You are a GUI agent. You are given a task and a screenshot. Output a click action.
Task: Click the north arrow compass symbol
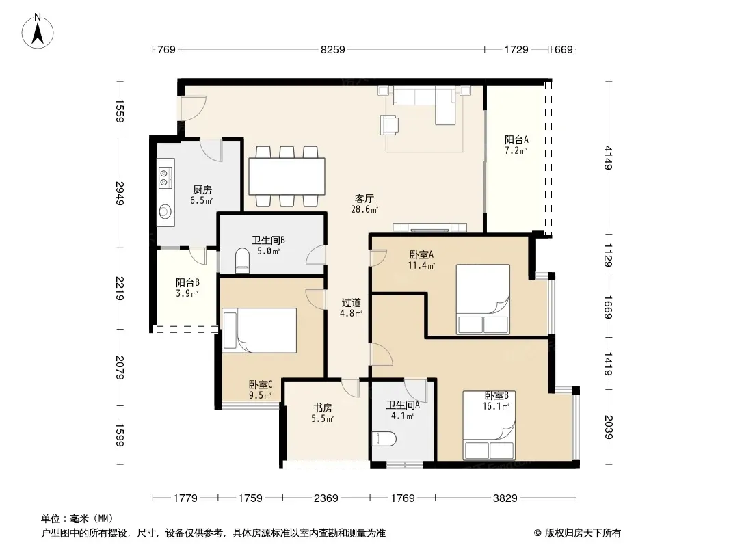click(x=38, y=31)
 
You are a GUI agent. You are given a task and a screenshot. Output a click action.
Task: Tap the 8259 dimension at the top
click(x=333, y=49)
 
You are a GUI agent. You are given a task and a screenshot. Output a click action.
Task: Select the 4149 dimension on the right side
click(x=608, y=158)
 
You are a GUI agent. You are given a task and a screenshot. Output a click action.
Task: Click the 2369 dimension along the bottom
click(x=326, y=498)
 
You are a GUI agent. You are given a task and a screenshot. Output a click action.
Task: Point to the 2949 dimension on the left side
click(x=120, y=194)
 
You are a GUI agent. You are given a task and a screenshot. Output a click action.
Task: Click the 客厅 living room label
click(x=364, y=199)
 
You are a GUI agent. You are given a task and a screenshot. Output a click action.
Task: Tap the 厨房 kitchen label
click(x=202, y=189)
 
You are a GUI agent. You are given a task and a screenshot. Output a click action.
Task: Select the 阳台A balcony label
click(x=516, y=139)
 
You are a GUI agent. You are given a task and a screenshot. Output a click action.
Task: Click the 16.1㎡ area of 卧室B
click(x=496, y=406)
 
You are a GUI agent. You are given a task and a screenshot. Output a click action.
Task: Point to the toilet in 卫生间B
click(x=243, y=260)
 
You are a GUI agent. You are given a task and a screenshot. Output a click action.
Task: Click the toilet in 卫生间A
click(x=384, y=439)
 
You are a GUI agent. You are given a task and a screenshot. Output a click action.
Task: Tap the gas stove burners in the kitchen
click(x=165, y=178)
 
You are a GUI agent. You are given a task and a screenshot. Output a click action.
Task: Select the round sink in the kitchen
click(x=165, y=212)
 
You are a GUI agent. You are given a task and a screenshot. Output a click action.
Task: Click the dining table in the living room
click(x=287, y=176)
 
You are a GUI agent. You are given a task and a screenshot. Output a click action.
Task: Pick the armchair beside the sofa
click(x=389, y=124)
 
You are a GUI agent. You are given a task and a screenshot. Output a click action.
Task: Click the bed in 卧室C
click(x=259, y=330)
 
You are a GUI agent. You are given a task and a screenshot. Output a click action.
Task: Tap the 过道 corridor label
click(x=351, y=302)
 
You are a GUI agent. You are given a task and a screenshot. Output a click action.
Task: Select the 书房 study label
click(x=322, y=408)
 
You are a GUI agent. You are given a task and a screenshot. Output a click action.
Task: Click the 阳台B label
click(x=188, y=282)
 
